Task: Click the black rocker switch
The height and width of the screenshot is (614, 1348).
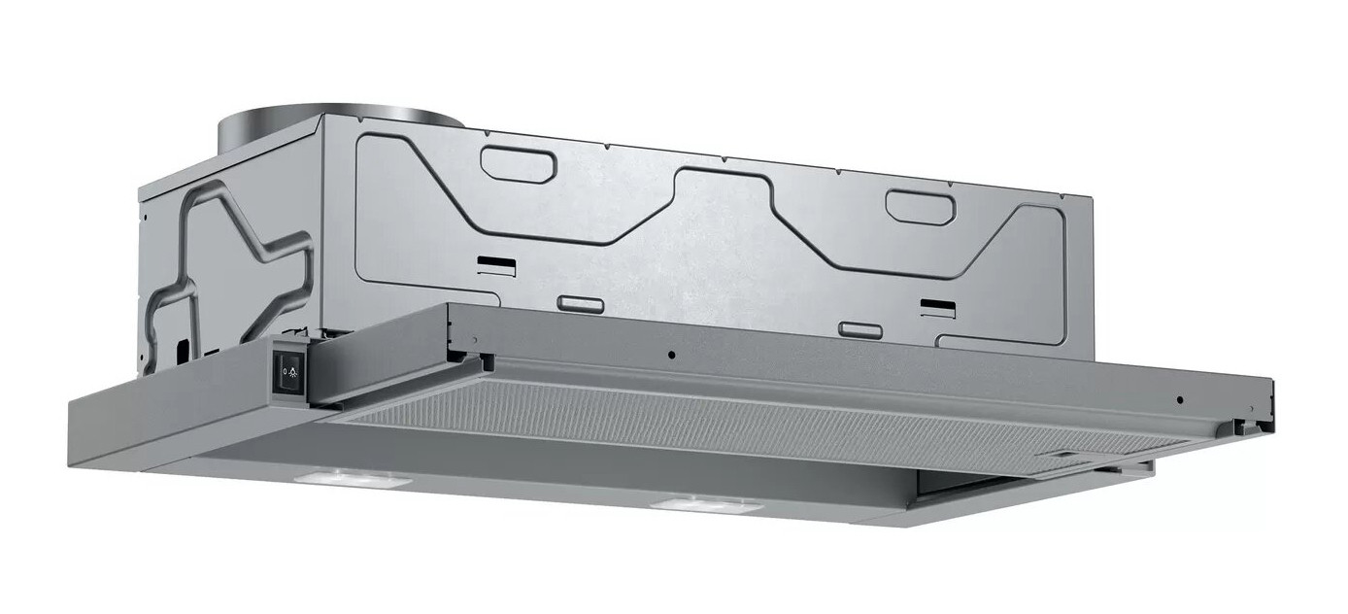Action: [289, 370]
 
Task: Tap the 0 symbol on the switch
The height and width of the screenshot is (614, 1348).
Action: [284, 370]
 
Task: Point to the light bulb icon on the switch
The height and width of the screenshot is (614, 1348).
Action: [294, 370]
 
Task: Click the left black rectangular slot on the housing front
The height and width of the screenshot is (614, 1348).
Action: [496, 263]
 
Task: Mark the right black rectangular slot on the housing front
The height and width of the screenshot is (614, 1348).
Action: [937, 308]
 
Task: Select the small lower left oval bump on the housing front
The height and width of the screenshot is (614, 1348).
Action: [581, 304]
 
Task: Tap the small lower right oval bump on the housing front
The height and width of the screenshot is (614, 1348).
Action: [860, 330]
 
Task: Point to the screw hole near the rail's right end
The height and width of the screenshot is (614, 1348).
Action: [1179, 399]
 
